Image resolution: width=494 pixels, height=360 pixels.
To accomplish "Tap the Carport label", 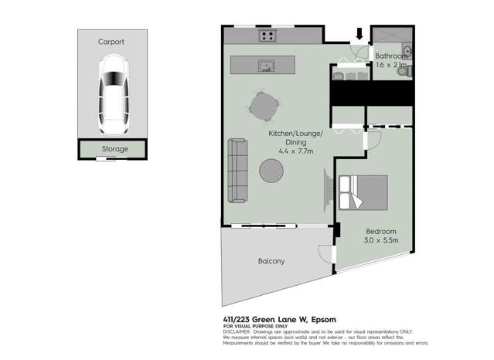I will (x=111, y=42).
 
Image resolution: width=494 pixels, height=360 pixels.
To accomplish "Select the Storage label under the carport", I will (x=115, y=148).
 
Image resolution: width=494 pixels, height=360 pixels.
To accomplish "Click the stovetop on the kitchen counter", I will (x=267, y=35).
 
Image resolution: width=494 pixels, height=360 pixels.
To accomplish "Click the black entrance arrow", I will (x=359, y=34).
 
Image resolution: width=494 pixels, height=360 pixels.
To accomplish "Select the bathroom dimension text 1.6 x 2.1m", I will (x=391, y=66).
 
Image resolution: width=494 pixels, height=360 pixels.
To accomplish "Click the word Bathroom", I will (x=391, y=56).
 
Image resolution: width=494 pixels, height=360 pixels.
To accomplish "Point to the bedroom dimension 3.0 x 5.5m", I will (x=382, y=240).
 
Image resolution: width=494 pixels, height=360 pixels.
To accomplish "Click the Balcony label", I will (x=271, y=261).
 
